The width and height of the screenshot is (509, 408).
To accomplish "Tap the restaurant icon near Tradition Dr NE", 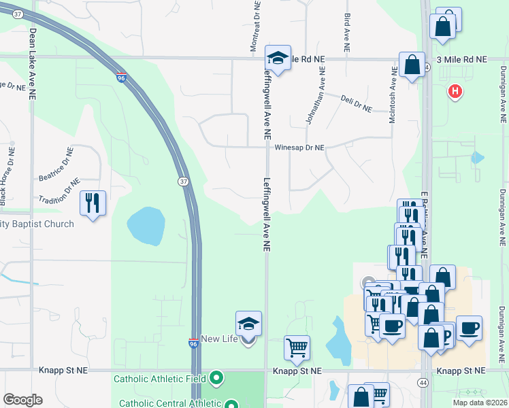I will pyautogui.click(x=93, y=203).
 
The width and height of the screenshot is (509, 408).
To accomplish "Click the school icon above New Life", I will pyautogui.click(x=248, y=324).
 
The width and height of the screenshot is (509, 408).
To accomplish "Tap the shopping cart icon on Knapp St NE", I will pyautogui.click(x=297, y=348).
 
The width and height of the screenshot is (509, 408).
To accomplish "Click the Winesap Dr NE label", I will pyautogui.click(x=299, y=148).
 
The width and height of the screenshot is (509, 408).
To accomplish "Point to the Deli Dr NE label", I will pyautogui.click(x=356, y=104).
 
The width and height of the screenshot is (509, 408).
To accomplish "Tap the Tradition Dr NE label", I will pyautogui.click(x=59, y=191).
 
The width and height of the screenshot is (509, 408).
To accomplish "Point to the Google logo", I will pyautogui.click(x=22, y=400).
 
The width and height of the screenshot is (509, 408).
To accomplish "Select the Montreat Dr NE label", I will pyautogui.click(x=255, y=27).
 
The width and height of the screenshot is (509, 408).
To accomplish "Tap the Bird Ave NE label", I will pyautogui.click(x=347, y=32).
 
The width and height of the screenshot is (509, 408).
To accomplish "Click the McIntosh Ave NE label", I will pyautogui.click(x=392, y=99).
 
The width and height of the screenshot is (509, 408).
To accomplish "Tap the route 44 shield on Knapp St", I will pyautogui.click(x=423, y=383).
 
